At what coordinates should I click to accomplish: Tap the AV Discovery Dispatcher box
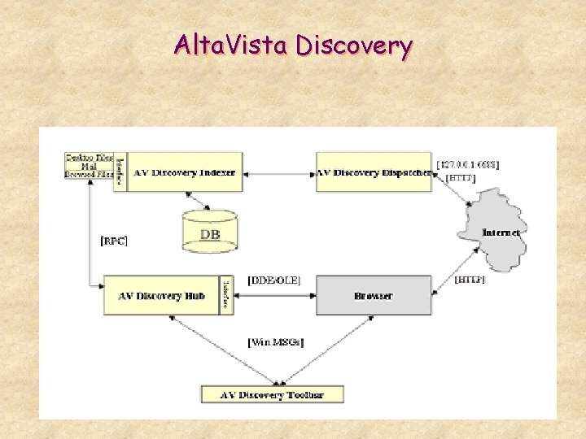coord(374,172)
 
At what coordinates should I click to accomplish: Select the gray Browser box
coord(374,295)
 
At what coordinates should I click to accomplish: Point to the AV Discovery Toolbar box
coord(273,395)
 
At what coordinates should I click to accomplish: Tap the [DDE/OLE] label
coord(273,280)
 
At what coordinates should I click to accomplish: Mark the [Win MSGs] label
coord(275,342)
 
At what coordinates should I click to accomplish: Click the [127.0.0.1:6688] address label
coord(468,164)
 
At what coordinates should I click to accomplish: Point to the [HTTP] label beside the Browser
coord(470,280)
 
